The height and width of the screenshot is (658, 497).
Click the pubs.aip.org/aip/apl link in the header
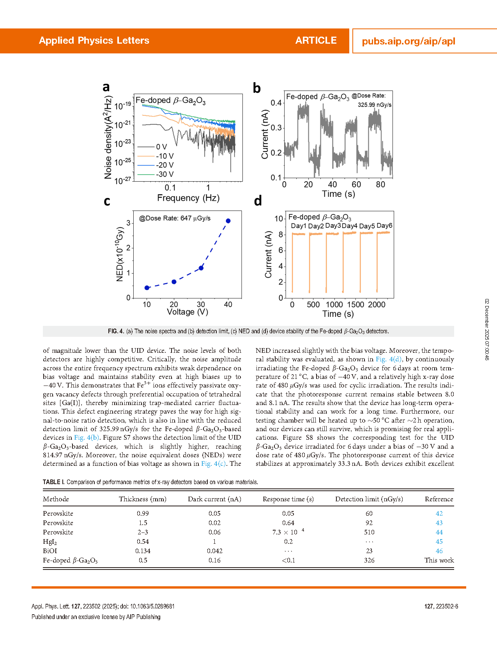(x=409, y=41)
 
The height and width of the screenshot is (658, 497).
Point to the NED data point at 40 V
(x=228, y=221)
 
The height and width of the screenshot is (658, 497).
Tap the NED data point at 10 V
(x=147, y=288)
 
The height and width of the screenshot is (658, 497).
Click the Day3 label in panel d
(x=333, y=226)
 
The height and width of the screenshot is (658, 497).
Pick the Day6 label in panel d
(x=384, y=226)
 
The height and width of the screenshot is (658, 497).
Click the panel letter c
(x=107, y=201)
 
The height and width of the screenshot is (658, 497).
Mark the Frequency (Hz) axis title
(x=188, y=198)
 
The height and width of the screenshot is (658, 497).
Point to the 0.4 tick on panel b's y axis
(x=276, y=103)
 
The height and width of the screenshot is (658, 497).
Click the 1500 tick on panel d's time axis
(x=356, y=304)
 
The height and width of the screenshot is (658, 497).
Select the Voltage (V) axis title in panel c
(x=187, y=312)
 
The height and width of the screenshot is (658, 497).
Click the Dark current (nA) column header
(x=214, y=499)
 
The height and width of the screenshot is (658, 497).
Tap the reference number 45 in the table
(x=439, y=541)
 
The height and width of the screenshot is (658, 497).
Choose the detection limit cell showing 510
(x=369, y=532)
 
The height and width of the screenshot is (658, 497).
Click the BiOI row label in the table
(x=50, y=551)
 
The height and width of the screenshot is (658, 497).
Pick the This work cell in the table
(x=439, y=560)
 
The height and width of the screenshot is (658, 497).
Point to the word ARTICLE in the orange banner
(x=316, y=41)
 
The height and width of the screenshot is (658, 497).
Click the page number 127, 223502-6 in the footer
(x=441, y=607)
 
